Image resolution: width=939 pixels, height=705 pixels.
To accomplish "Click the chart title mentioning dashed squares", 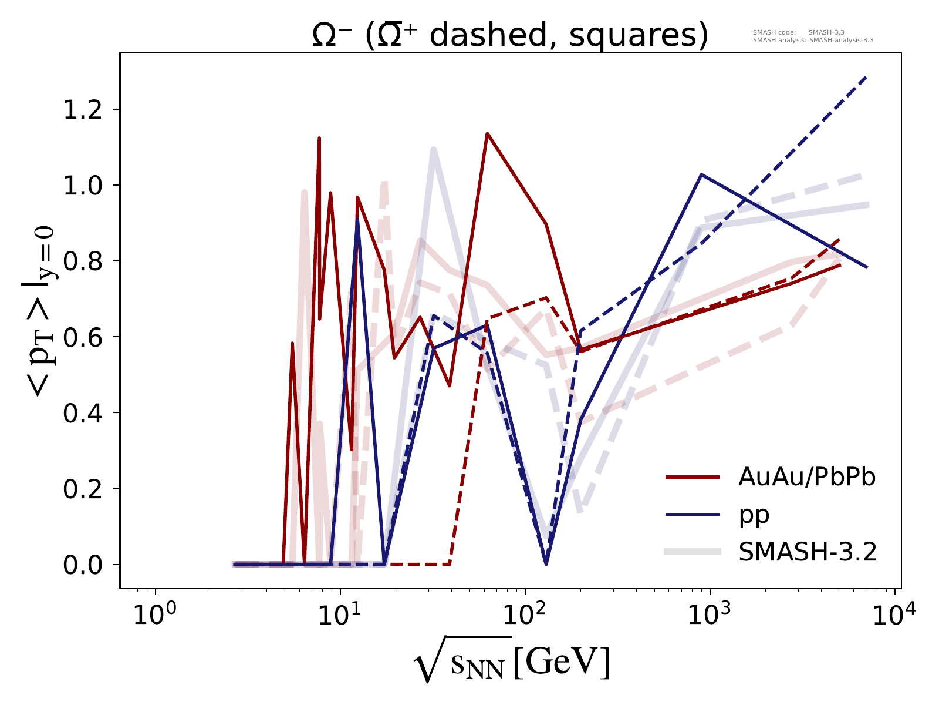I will coord(509,36).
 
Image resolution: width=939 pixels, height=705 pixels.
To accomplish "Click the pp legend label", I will coord(754,515).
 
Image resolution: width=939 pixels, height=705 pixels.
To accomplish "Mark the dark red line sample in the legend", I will coord(693,478).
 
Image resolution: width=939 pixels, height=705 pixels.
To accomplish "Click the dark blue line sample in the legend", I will coord(693,515).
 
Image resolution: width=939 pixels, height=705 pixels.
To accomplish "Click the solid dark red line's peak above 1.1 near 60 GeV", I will coord(487,133).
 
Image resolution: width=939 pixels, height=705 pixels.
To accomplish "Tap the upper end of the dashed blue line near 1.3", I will coord(866,77).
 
